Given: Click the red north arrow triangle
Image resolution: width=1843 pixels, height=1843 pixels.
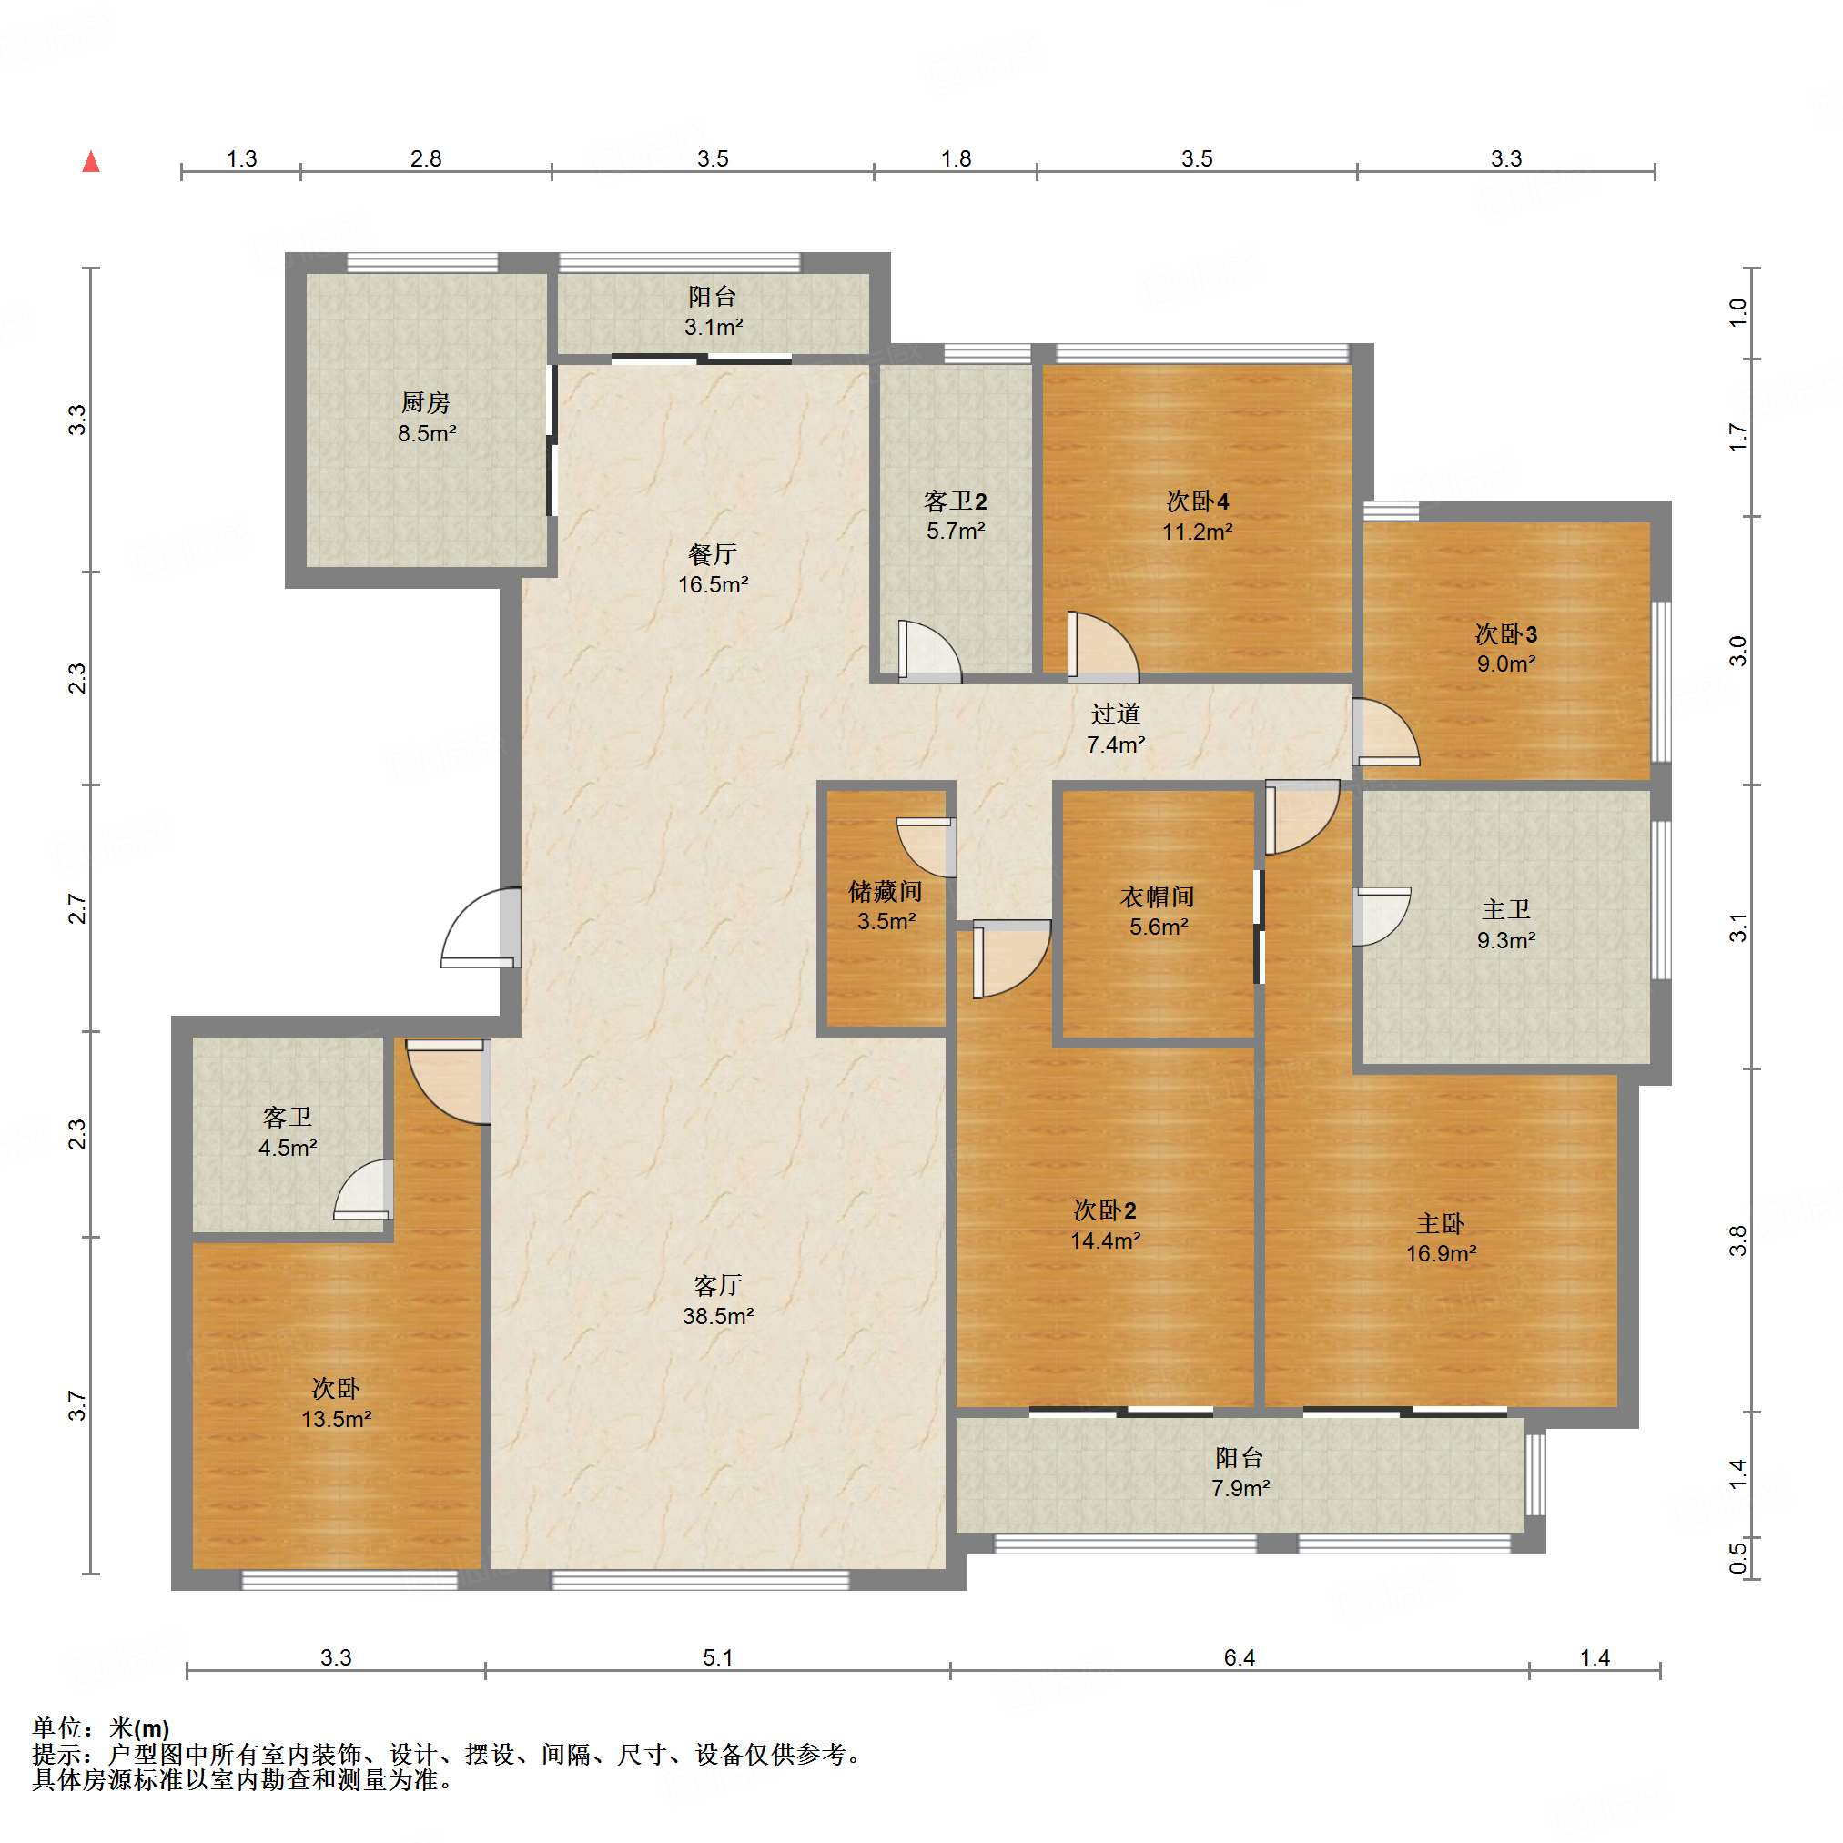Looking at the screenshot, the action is coord(92,161).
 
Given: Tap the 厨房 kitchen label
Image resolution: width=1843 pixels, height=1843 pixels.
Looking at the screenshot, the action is coord(425,402).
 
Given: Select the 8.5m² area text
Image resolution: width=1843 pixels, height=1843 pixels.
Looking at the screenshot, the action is coord(427,433).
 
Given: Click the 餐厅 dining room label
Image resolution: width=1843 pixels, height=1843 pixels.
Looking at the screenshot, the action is coord(713,553).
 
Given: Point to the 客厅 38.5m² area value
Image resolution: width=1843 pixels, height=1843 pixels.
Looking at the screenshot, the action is coord(718,1316).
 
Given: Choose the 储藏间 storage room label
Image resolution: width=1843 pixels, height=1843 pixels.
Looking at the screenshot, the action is coord(886,891).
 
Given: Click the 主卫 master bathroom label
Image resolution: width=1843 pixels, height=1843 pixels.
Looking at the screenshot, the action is coord(1506,909).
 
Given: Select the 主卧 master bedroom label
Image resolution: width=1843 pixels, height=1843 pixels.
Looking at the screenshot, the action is coord(1441,1223).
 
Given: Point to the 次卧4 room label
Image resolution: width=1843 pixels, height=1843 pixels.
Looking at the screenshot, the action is coord(1197,501).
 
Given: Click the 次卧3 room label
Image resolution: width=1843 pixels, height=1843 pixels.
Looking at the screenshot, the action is coord(1506,633).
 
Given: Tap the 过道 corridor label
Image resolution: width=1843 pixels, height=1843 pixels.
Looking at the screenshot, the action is coord(1115,714).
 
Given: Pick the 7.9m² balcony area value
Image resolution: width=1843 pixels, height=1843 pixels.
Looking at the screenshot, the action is coord(1240,1488).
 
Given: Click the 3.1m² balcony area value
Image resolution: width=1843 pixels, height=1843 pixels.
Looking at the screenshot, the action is coord(713,328).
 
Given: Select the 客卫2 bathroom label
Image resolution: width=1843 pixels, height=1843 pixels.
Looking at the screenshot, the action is coord(955,501).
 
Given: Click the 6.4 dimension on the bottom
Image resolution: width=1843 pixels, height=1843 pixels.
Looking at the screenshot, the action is coord(1240,1658).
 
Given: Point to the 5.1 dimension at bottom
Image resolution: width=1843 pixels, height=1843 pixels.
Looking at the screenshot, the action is coord(717,1658).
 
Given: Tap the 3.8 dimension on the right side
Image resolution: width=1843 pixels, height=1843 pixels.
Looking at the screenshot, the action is coord(1737,1240).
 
